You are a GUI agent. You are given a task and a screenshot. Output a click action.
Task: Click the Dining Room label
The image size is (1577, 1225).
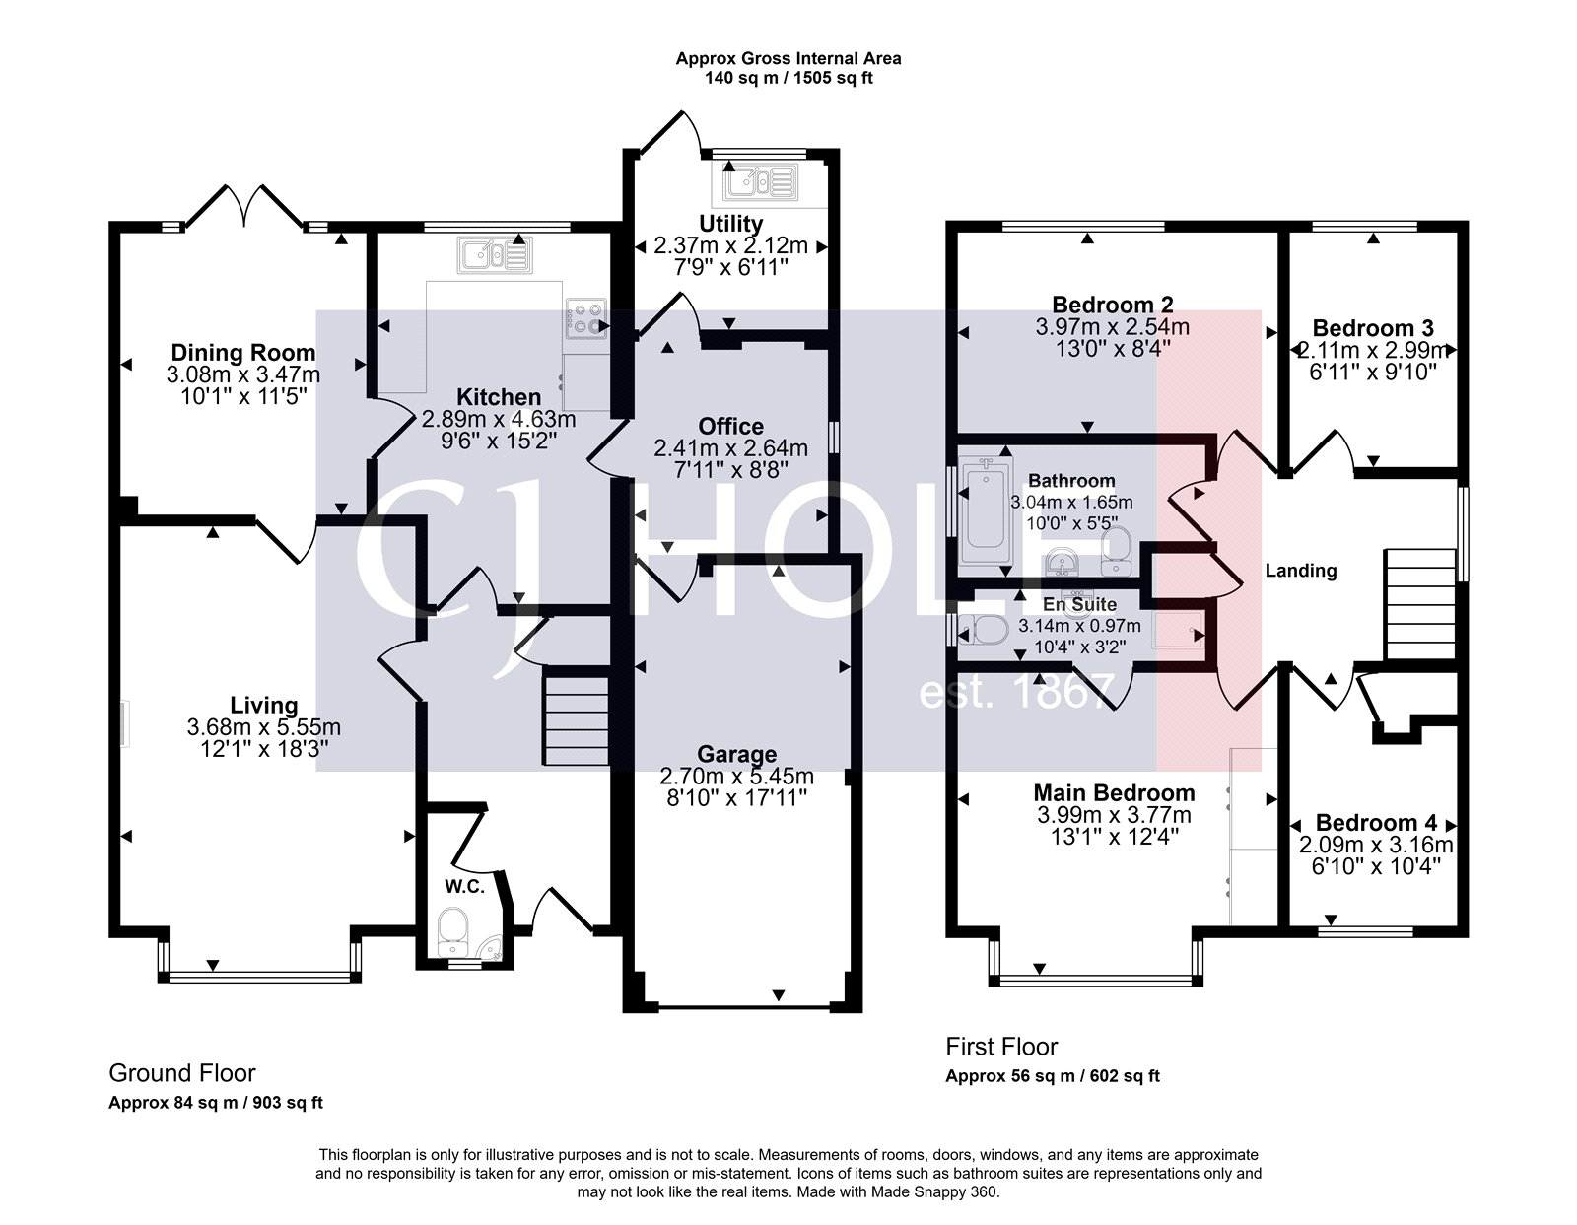243,352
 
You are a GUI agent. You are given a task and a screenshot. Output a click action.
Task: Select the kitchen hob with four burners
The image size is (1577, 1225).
587,320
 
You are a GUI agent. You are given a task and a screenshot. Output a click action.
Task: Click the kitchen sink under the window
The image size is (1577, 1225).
493,256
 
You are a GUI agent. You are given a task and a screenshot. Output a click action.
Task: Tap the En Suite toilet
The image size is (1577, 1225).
982,628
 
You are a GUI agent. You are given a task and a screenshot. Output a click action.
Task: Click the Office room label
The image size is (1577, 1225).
730,426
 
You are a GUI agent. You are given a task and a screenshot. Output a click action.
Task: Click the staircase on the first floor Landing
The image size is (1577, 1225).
1419,604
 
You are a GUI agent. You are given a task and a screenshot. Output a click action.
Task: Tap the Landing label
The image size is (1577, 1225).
1300,570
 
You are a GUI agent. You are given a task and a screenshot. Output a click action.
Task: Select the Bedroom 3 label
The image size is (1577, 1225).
1372,328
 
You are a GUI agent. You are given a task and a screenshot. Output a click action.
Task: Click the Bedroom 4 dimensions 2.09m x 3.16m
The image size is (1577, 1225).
1376,845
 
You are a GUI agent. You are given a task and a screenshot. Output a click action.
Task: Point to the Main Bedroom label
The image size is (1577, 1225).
1114,792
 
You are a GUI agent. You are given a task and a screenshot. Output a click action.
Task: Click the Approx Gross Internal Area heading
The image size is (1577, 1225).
788,58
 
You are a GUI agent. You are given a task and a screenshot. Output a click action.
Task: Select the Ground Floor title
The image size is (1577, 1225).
181,1072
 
